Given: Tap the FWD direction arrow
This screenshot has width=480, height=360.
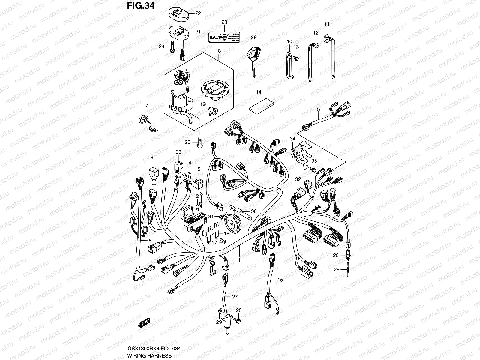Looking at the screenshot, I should coord(144,323).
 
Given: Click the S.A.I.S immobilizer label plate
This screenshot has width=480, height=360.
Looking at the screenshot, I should coord(223,37).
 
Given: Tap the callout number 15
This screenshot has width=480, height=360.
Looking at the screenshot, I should coord(280,280).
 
